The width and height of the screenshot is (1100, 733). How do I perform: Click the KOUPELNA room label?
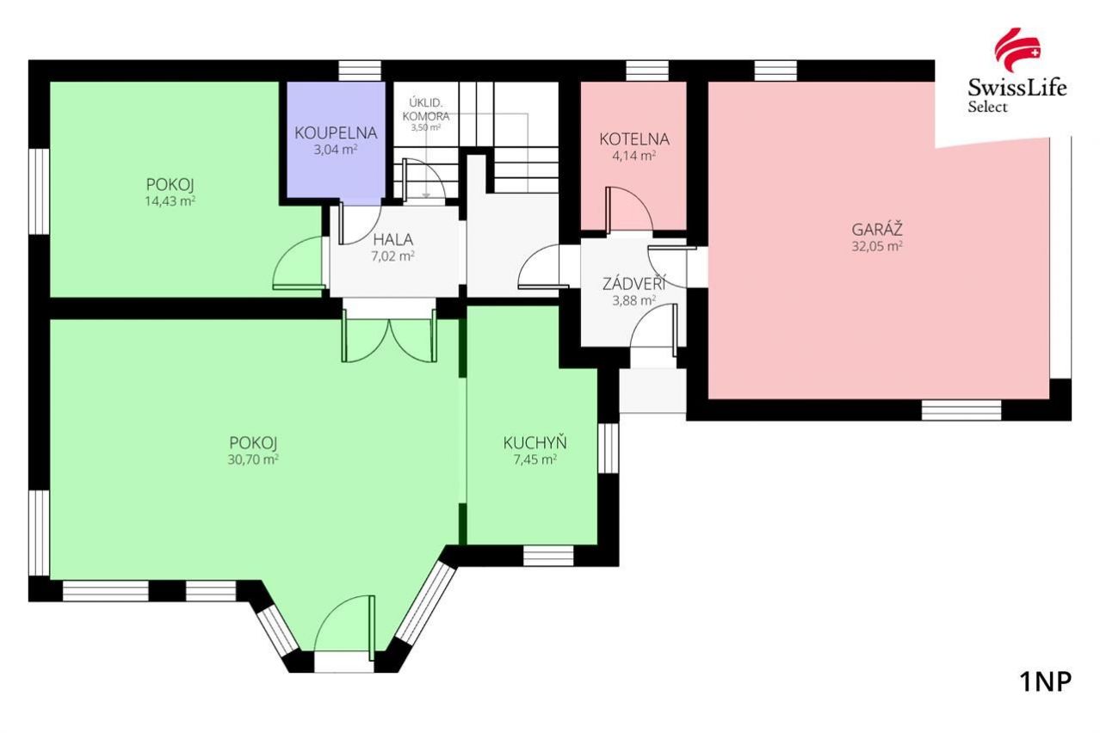pos(336,132)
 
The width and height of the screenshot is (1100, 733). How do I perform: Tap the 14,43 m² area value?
pos(170,200)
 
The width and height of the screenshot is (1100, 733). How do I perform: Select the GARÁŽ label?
pos(877,229)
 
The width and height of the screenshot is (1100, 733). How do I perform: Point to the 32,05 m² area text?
pos(877,246)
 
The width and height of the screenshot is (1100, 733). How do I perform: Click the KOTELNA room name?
pos(634,139)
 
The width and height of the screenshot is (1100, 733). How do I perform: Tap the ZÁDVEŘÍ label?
pos(634,283)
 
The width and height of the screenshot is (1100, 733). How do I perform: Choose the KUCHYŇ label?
pos(535,443)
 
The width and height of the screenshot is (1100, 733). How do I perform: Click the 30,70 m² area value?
pos(253,459)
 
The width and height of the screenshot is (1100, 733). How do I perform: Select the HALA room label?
pos(392,239)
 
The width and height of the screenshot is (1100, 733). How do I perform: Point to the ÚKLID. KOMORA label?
pos(426,109)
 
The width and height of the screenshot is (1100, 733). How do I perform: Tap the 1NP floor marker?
pos(1046,682)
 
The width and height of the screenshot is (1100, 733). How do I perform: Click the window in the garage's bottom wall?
pos(961,410)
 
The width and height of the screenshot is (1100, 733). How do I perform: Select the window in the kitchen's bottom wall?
pos(548,556)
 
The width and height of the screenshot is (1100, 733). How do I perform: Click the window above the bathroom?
pos(360,71)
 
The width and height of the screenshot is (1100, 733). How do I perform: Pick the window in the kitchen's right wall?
pos(609,447)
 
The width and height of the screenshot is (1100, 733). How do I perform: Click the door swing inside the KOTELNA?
pos(629,209)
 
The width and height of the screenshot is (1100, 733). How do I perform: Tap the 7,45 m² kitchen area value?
pos(535,459)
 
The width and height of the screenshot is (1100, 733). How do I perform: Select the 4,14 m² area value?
pos(634,156)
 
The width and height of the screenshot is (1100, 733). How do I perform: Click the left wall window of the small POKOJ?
pos(40,192)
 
